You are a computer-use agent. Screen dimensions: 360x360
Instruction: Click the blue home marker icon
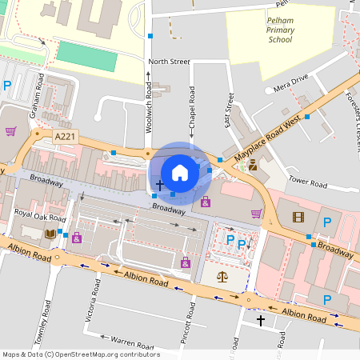click(179, 172)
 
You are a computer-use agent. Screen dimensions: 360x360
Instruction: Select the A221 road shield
click(65, 138)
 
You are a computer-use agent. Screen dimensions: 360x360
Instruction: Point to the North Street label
click(168, 61)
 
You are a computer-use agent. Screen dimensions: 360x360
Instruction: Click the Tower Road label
click(308, 182)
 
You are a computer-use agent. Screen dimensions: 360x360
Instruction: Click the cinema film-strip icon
click(298, 217)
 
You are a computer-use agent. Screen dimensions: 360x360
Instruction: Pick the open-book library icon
click(50, 234)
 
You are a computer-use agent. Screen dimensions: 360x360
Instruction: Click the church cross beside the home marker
click(159, 185)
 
